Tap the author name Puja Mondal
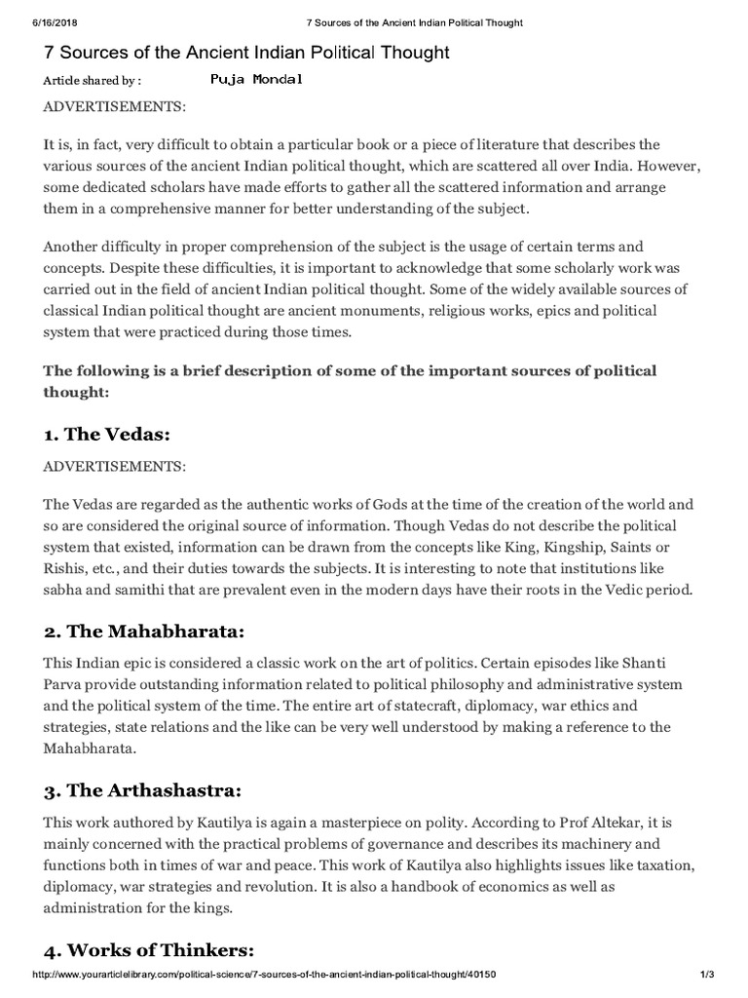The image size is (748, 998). [256, 80]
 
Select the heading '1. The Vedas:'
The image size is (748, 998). [112, 433]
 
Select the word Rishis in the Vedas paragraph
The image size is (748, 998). [66, 569]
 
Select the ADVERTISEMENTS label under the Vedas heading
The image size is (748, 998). [114, 467]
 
